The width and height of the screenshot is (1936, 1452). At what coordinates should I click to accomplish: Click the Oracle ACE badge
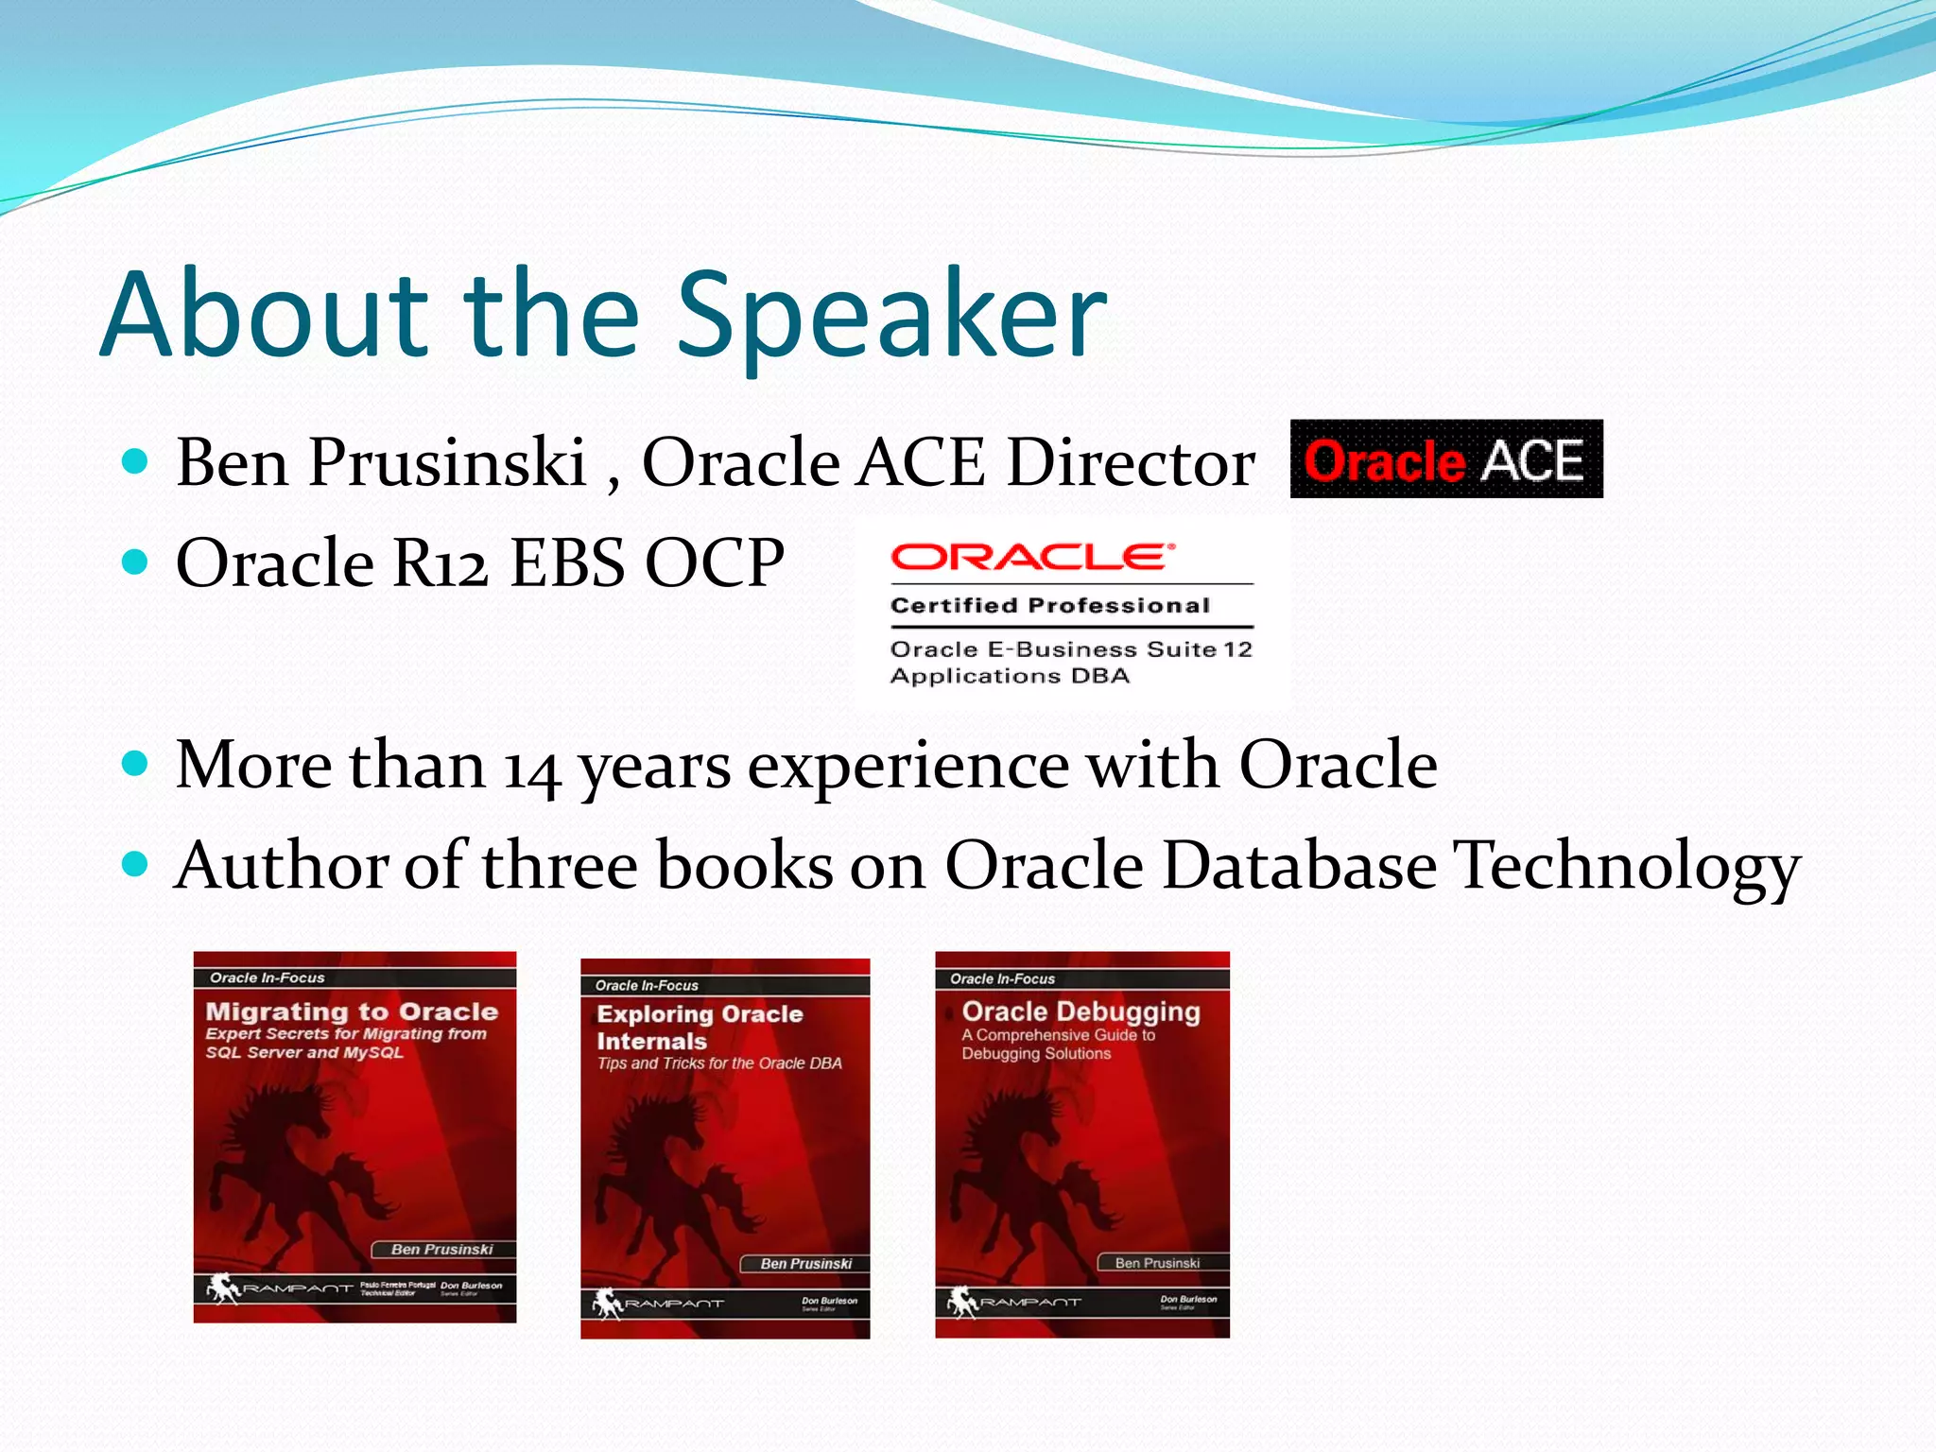[x=1445, y=459]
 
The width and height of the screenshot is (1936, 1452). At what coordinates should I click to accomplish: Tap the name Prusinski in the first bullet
[x=447, y=463]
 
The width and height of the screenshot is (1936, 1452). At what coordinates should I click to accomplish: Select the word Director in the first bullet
[x=1131, y=463]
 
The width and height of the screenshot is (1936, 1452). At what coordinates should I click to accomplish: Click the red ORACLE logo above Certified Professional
[x=1030, y=558]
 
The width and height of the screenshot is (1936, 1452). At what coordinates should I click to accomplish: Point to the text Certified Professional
[x=1049, y=606]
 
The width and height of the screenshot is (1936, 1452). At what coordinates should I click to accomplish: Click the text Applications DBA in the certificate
[x=1010, y=676]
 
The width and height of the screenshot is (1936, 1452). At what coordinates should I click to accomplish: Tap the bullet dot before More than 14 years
[x=136, y=763]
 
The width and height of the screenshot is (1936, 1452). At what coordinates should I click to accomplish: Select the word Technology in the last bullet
[x=1627, y=866]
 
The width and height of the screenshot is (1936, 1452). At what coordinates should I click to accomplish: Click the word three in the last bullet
[x=560, y=866]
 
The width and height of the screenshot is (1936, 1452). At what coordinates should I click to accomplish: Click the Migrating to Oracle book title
[x=352, y=1011]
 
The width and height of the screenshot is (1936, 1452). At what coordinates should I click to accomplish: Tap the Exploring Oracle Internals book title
[x=700, y=1027]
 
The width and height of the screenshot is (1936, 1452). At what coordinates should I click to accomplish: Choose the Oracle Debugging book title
[x=1080, y=1011]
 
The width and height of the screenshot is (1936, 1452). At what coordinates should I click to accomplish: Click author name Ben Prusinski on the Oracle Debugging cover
[x=1157, y=1263]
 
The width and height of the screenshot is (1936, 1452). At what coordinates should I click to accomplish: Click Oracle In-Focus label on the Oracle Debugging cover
[x=1002, y=979]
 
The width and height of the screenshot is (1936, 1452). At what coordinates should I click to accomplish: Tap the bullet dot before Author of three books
[x=136, y=864]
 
